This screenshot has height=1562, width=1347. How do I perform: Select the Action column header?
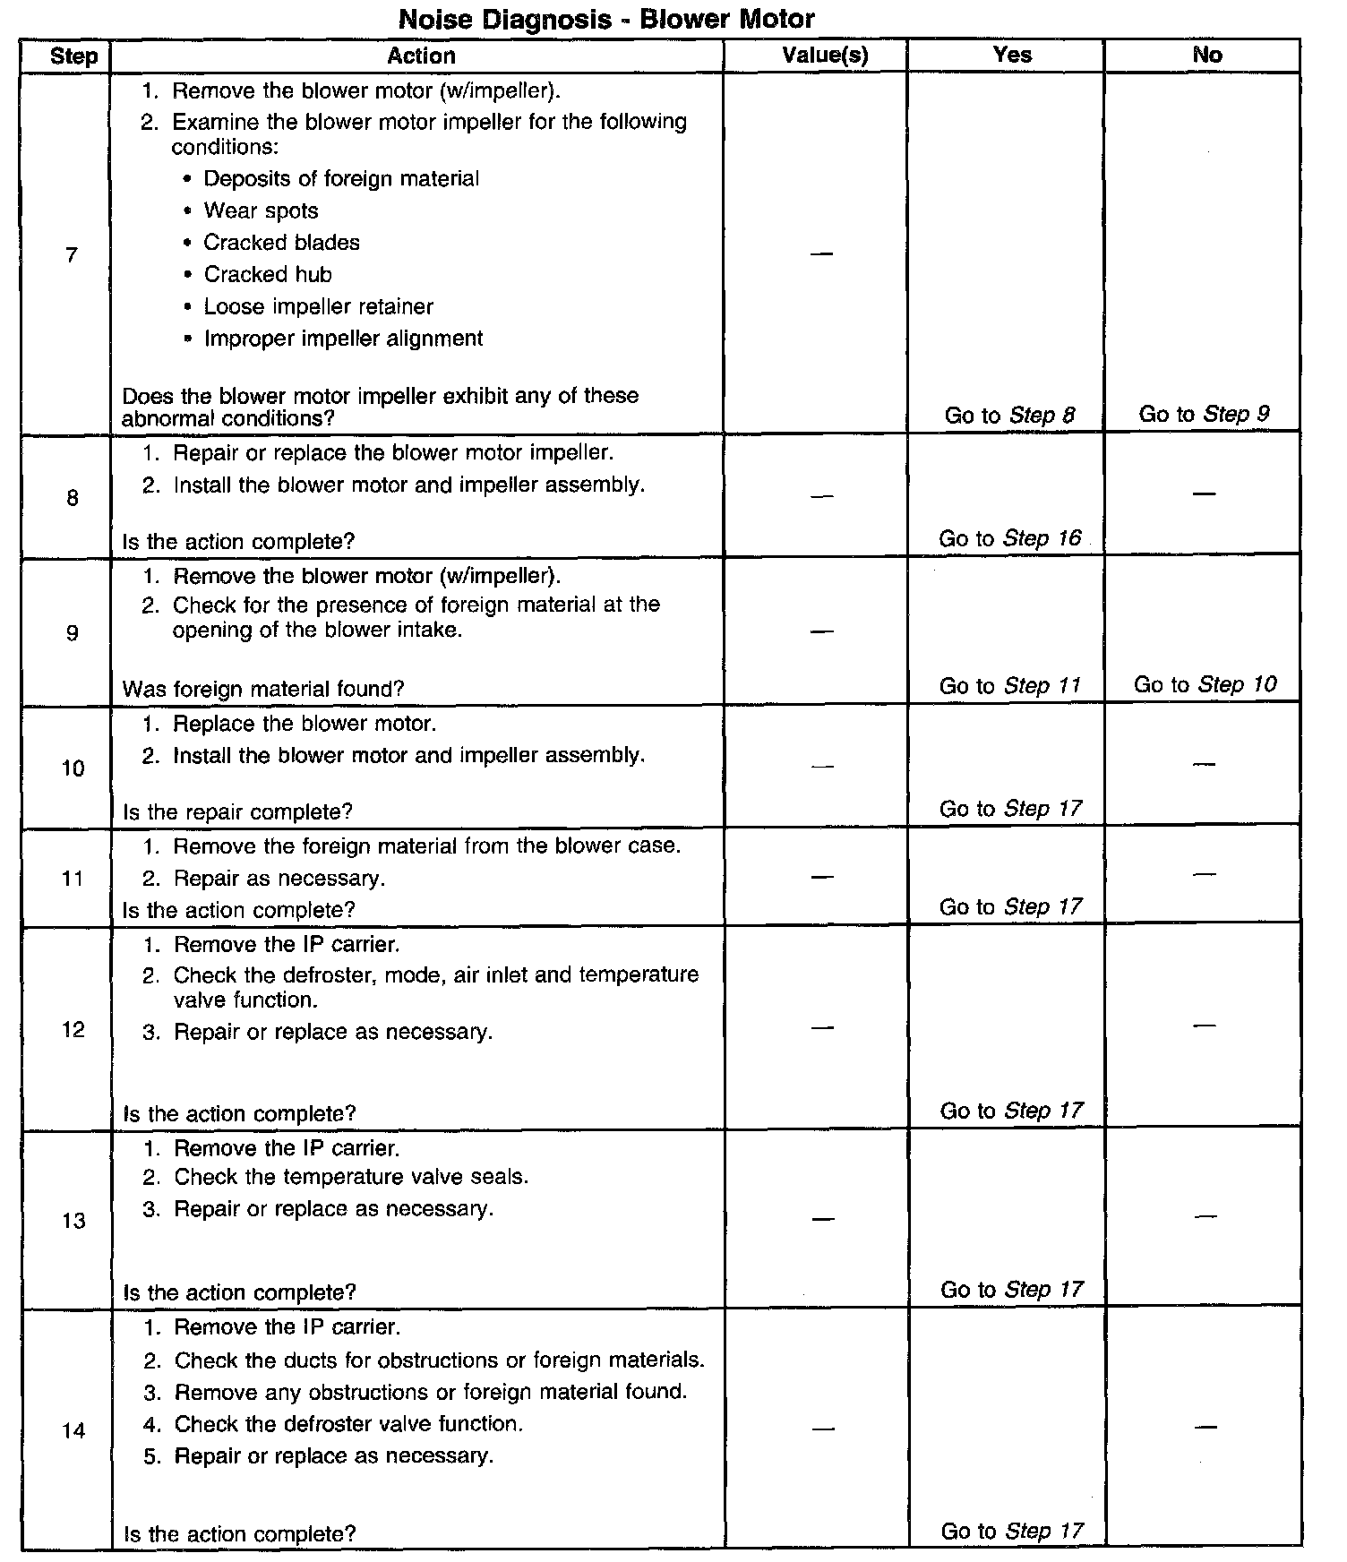(x=421, y=56)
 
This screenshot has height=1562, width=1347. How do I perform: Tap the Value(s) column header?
(x=824, y=56)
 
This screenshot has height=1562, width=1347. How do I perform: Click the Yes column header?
(x=1012, y=55)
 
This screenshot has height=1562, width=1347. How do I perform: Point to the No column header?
(x=1206, y=55)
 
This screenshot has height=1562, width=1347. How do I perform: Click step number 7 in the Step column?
(x=72, y=256)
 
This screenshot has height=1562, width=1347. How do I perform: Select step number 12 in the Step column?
(x=73, y=1029)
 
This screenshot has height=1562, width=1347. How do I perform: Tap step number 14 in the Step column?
(x=73, y=1430)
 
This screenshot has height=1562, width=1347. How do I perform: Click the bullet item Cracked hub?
(x=267, y=275)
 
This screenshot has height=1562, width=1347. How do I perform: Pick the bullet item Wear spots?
(x=261, y=211)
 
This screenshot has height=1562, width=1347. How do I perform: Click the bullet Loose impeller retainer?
(x=318, y=307)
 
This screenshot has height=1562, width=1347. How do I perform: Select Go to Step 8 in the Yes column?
(x=1009, y=416)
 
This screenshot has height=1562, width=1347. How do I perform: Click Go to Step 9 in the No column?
(x=1204, y=414)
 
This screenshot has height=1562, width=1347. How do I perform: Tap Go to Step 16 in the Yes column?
(x=1009, y=538)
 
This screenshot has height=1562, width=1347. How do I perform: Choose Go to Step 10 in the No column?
(x=1205, y=684)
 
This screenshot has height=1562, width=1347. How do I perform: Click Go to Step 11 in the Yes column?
(x=1009, y=686)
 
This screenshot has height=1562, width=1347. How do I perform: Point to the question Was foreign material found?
(x=263, y=689)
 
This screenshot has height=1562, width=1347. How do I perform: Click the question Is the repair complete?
(x=237, y=811)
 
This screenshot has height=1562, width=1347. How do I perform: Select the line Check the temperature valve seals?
(x=351, y=1177)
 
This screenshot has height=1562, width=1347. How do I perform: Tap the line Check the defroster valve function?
(x=348, y=1424)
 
